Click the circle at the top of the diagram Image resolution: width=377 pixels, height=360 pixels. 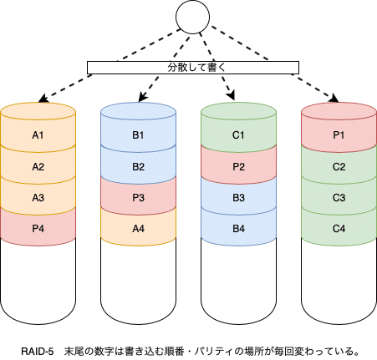[189, 17]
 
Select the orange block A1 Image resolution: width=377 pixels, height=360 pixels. [38, 134]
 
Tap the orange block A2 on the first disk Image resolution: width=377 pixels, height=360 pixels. [38, 166]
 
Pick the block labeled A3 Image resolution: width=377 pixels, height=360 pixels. [38, 197]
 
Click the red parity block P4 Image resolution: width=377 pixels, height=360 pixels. [38, 228]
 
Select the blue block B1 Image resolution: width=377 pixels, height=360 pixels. [138, 134]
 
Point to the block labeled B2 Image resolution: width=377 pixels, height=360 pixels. [138, 166]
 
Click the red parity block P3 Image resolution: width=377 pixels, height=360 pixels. [138, 197]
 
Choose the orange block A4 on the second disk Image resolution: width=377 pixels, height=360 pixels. [138, 228]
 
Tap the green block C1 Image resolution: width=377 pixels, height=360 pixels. [238, 134]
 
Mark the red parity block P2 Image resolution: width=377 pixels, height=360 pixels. [238, 166]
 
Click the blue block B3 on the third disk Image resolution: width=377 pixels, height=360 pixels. [238, 197]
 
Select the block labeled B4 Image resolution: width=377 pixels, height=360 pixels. [238, 228]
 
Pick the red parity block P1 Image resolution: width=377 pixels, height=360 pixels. [339, 134]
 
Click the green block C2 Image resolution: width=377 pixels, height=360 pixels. [339, 166]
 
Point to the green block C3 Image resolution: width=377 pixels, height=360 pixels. [339, 197]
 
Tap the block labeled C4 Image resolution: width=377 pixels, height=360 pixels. [339, 228]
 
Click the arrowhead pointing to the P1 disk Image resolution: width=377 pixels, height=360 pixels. [334, 99]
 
